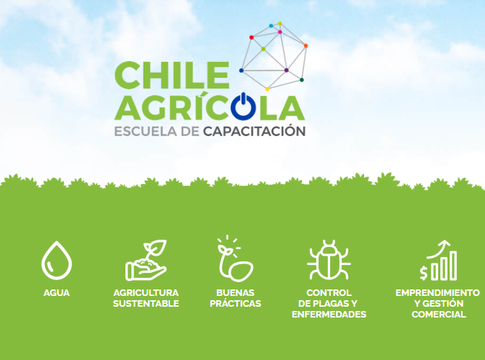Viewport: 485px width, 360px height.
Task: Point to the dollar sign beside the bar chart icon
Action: click(424, 273)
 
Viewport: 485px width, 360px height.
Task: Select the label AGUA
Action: click(57, 292)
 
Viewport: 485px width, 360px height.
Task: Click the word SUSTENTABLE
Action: click(146, 303)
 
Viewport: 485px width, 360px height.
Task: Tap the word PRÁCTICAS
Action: click(236, 303)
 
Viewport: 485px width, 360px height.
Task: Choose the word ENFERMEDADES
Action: click(329, 314)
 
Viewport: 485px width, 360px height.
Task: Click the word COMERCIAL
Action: click(439, 314)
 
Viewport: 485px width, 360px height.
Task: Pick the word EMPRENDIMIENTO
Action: click(437, 292)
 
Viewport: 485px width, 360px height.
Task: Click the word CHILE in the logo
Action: click(172, 75)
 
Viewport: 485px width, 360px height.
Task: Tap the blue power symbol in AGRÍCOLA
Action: click(244, 106)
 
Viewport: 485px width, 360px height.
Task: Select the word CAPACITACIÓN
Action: click(254, 130)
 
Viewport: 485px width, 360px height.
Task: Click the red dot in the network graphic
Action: click(252, 37)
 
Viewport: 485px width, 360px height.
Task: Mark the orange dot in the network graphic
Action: click(306, 46)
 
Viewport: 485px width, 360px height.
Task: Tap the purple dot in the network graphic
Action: click(286, 70)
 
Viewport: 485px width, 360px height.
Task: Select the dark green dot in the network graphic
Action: click(301, 80)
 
